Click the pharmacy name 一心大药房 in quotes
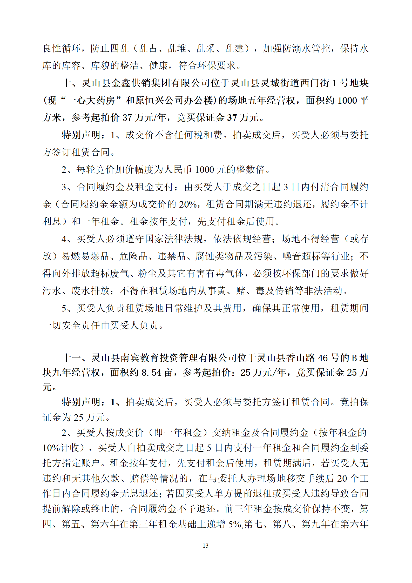91,101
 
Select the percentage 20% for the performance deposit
188,204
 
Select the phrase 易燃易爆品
85,256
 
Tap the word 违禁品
171,256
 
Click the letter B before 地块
354,358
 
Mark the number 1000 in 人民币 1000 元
205,170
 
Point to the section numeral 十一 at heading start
72,358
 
